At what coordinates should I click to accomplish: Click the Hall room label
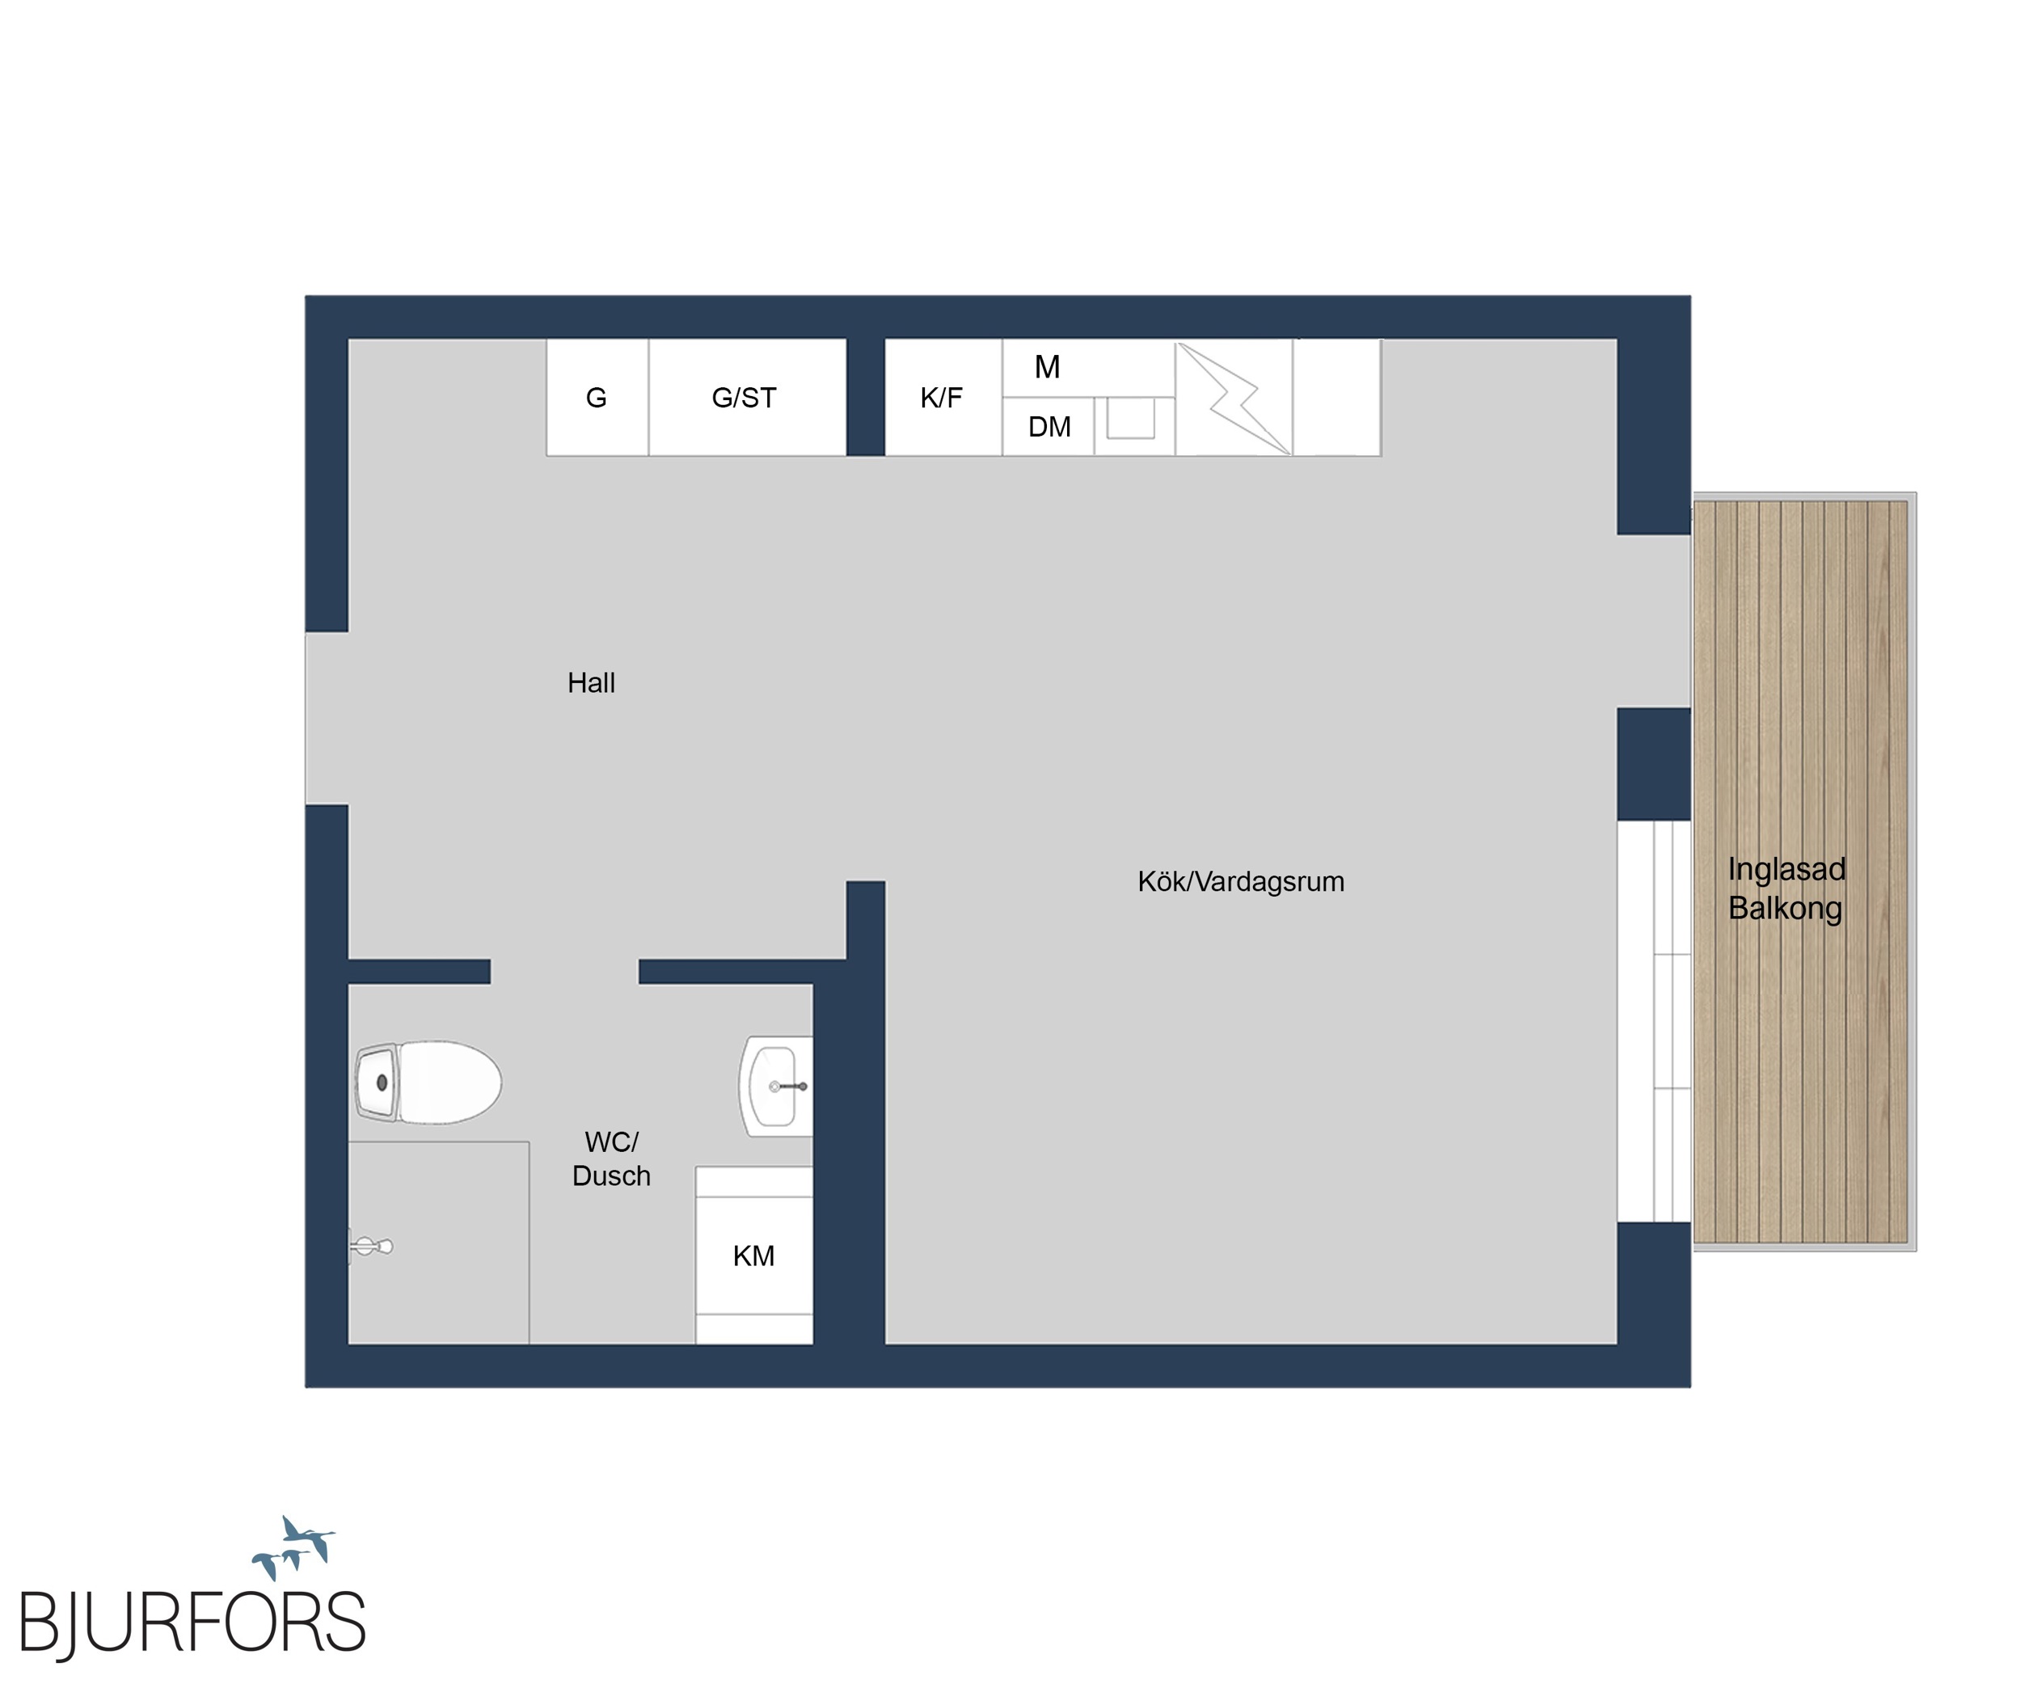591,683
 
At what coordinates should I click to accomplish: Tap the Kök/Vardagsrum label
1241,881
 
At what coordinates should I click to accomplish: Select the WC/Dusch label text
611,1159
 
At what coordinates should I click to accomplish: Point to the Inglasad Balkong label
1787,888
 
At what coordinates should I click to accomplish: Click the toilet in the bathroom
428,1083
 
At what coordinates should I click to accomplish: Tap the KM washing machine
753,1256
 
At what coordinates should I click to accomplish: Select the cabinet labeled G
597,398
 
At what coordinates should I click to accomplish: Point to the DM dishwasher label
1049,427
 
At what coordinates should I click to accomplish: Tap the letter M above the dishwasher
1047,366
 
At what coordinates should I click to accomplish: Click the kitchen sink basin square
1130,419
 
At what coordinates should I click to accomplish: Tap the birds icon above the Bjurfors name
293,1547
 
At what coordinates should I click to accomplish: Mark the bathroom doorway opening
565,972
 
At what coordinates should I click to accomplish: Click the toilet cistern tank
378,1083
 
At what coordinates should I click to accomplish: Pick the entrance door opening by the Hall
327,718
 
